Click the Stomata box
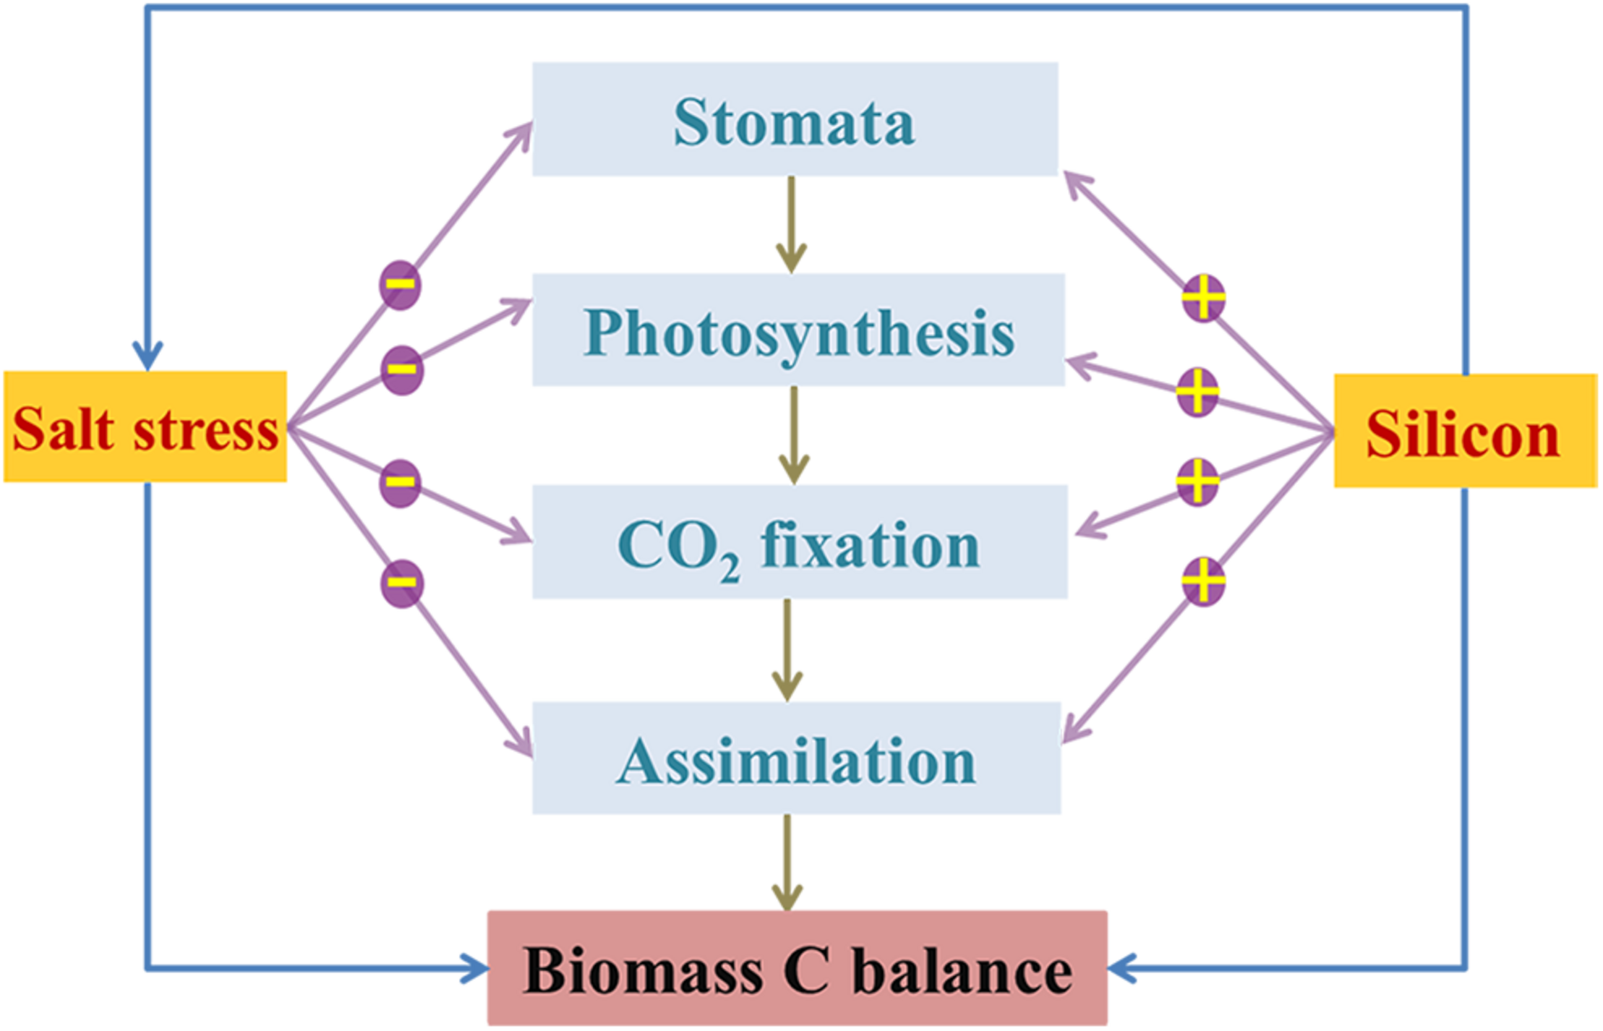coord(795,119)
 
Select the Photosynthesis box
coord(798,330)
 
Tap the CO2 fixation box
coord(799,542)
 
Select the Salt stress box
coord(145,427)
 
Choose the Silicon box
coord(1465,431)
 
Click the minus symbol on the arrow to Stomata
coord(400,285)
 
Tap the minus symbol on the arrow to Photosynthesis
coord(401,370)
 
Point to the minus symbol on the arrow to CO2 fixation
coord(400,482)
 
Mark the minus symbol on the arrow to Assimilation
coord(401,583)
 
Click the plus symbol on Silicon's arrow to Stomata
coord(1203,298)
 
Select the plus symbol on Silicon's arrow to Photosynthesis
coord(1197,392)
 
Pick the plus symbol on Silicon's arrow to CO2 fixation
coord(1197,481)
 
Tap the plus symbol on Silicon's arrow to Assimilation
coord(1203,581)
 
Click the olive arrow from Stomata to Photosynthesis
coord(791,224)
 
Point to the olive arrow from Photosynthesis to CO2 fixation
coord(794,435)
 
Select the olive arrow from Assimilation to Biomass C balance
coord(787,862)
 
